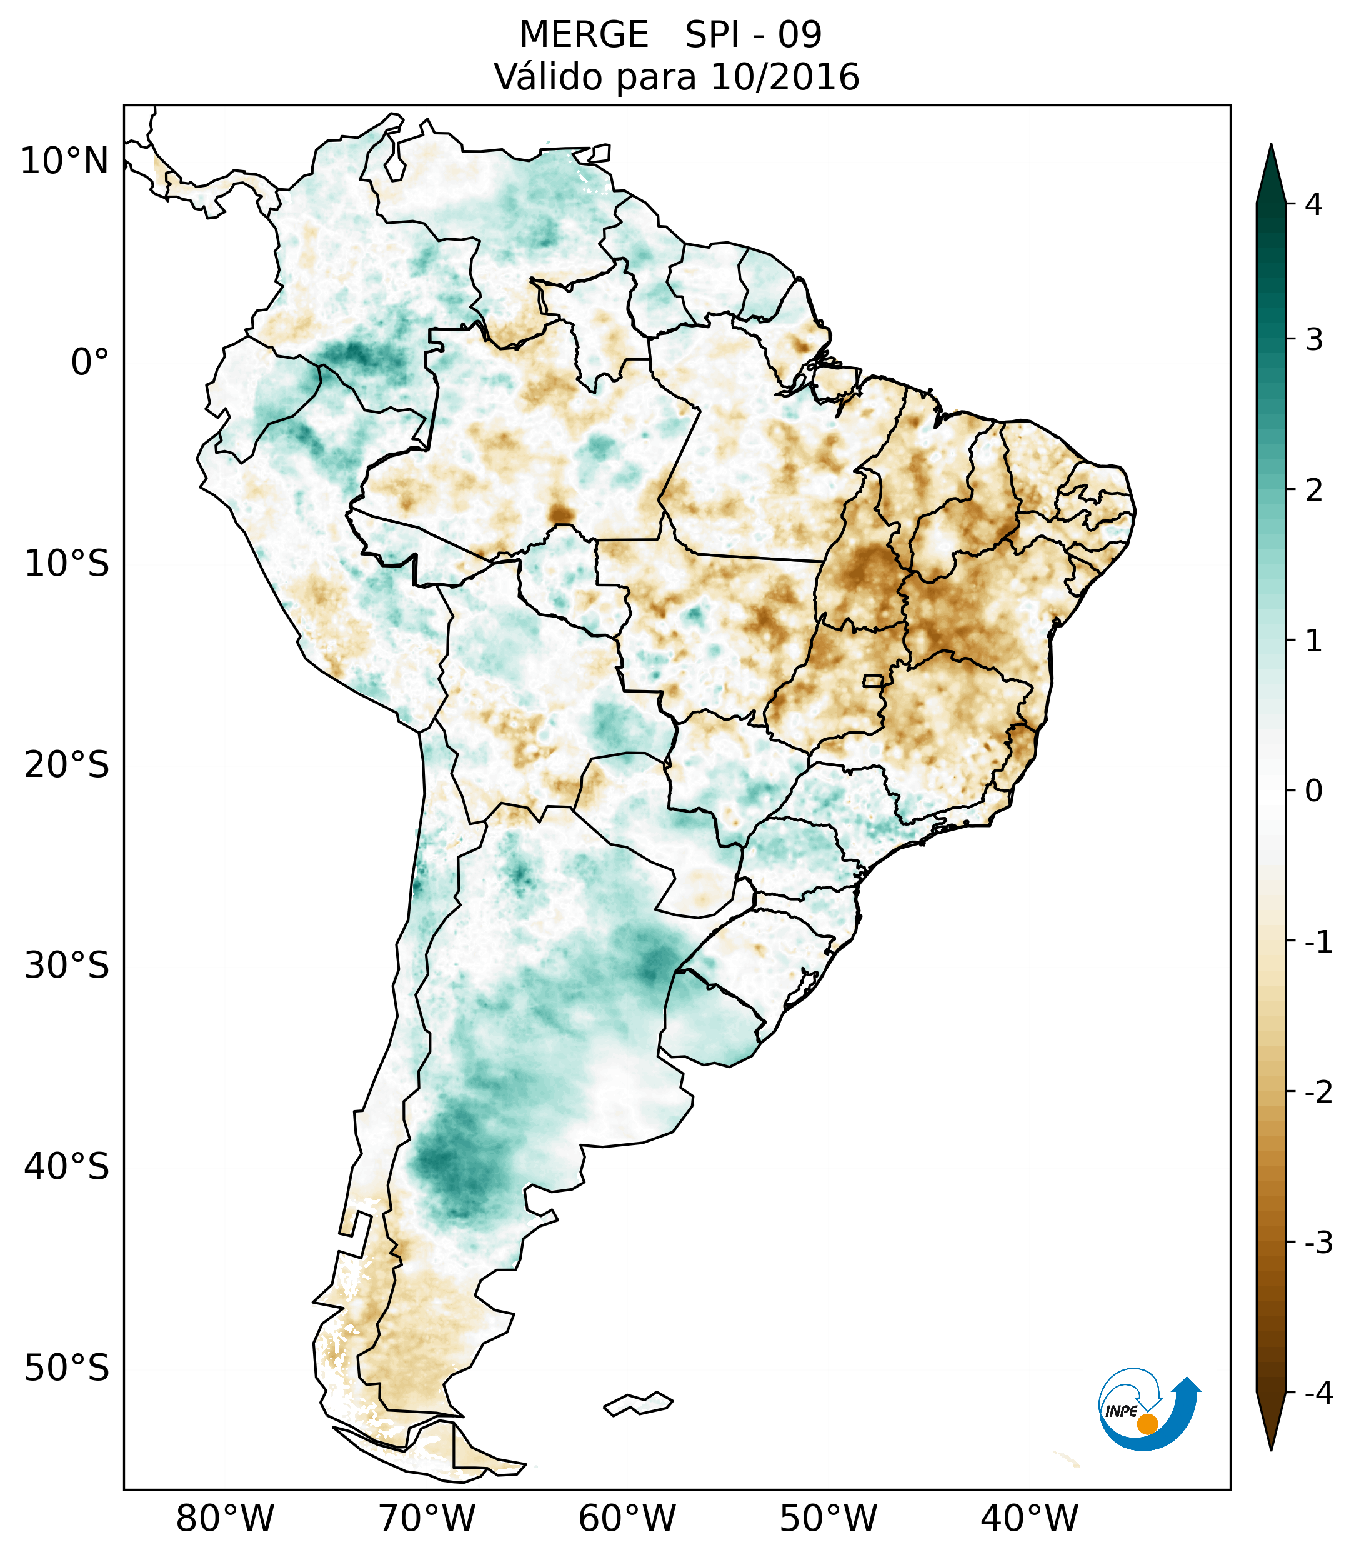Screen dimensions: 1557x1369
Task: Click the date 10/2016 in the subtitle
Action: point(784,77)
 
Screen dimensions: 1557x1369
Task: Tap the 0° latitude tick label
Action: point(90,363)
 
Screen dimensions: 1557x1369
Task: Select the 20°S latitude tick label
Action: point(67,765)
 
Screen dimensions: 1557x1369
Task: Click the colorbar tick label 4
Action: point(1313,204)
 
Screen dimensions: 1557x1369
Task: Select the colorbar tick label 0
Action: point(1313,791)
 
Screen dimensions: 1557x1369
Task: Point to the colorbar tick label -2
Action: point(1318,1093)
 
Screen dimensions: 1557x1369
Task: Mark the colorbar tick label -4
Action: point(1318,1393)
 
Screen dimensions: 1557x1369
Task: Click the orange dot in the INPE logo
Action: point(1147,1424)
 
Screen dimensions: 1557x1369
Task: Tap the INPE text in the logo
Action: point(1121,1411)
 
